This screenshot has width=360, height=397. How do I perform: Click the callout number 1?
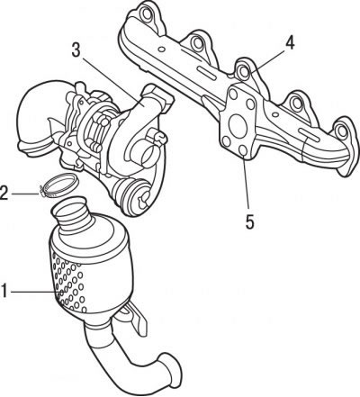click(4, 291)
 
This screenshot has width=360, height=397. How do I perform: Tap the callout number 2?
click(4, 193)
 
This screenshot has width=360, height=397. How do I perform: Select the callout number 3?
click(76, 50)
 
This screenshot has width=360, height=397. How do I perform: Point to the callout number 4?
click(290, 43)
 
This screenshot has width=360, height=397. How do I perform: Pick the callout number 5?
click(249, 221)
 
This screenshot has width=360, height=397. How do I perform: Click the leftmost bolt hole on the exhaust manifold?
click(147, 14)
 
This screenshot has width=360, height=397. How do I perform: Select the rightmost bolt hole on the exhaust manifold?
click(341, 131)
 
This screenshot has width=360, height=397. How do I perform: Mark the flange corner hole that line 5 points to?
click(243, 150)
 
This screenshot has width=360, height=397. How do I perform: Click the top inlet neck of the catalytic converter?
click(70, 217)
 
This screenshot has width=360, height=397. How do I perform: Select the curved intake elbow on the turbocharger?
click(39, 115)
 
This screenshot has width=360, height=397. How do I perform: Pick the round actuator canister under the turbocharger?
click(132, 195)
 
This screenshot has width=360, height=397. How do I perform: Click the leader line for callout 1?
click(34, 291)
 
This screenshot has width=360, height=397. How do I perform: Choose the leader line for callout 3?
click(112, 79)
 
